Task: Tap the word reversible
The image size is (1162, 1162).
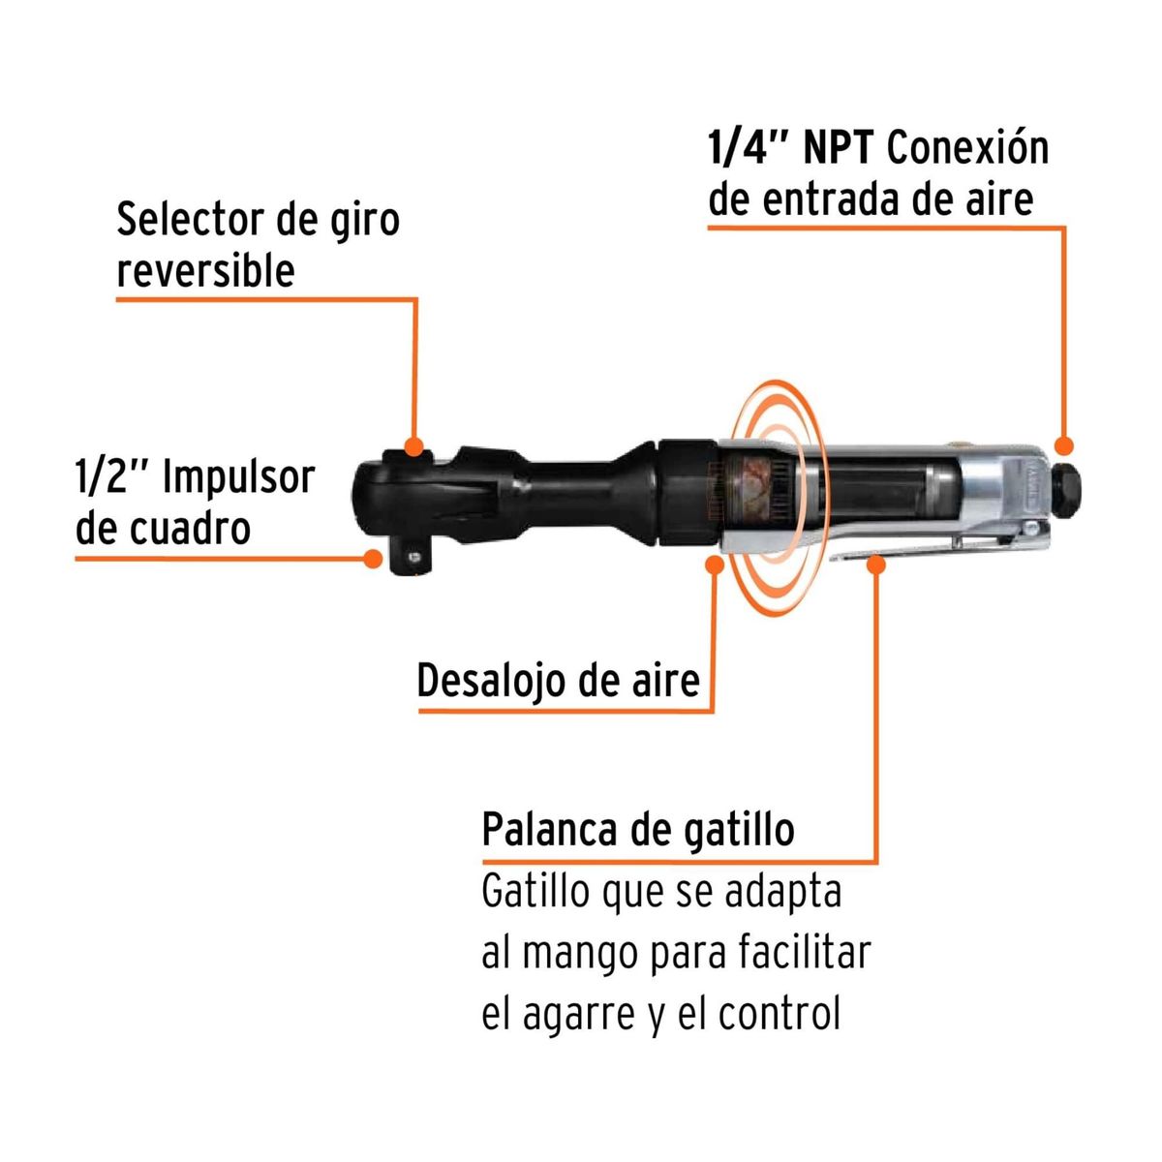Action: tap(205, 271)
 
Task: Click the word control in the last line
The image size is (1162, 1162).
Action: tap(779, 1014)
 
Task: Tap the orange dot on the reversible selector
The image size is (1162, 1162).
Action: tap(414, 447)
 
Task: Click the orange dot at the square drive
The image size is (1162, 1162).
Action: tap(372, 559)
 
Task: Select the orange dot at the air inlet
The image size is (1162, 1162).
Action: tap(1064, 445)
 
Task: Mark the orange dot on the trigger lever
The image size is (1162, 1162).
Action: tap(876, 564)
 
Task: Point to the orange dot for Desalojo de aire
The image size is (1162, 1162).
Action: tap(715, 564)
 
